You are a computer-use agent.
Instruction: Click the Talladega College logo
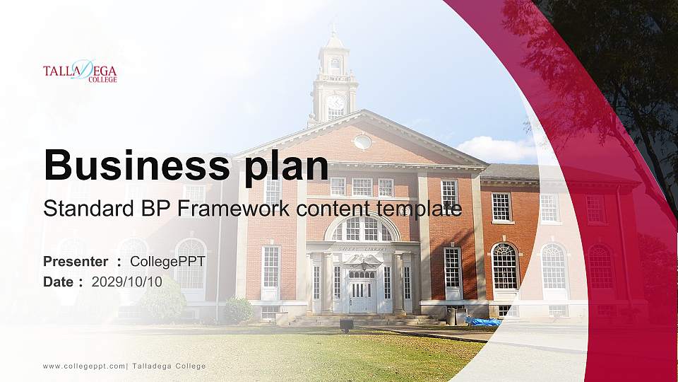click(x=80, y=71)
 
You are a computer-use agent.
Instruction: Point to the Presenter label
click(x=76, y=262)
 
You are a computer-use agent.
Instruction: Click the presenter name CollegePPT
click(x=167, y=262)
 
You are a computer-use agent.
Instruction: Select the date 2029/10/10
click(x=127, y=282)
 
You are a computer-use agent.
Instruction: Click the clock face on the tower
click(x=335, y=102)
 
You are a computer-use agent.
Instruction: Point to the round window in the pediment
click(x=363, y=141)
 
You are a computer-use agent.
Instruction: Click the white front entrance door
click(x=360, y=295)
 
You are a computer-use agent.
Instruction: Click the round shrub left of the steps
click(x=238, y=310)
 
